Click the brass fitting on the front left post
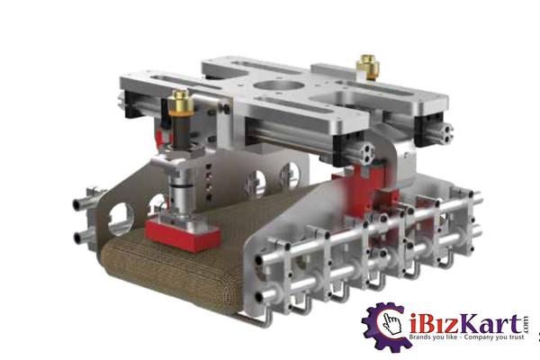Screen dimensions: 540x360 [x=180, y=102]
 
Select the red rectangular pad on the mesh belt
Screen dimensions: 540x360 [x=183, y=235]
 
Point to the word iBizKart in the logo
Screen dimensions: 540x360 [x=466, y=324]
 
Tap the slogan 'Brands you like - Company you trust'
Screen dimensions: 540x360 [x=466, y=337]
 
